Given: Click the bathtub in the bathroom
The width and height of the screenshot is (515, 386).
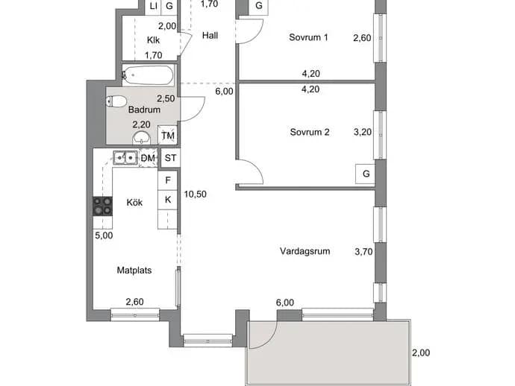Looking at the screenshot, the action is (x=148, y=75).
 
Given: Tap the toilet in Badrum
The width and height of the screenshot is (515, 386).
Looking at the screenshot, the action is (x=116, y=101).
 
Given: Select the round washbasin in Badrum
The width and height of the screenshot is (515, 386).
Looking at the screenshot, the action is (x=141, y=138).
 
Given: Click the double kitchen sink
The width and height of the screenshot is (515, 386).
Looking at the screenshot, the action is (x=125, y=158).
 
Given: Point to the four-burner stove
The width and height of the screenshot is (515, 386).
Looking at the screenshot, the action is (x=102, y=206).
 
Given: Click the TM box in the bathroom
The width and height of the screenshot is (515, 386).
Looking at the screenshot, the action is (x=168, y=135).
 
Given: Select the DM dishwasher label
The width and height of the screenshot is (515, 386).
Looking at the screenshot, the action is (x=148, y=158).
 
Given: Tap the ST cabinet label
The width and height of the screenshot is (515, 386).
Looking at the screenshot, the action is (x=170, y=158).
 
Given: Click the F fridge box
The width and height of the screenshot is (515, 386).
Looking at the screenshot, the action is (x=168, y=180).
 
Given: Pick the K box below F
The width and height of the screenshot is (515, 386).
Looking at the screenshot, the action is (x=168, y=200).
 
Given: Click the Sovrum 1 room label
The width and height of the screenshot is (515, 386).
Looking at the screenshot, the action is (x=308, y=37).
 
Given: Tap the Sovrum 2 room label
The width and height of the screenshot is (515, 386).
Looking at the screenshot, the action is (x=310, y=132).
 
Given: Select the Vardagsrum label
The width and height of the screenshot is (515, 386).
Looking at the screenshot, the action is (x=305, y=251).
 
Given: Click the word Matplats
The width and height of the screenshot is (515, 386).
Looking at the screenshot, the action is (x=134, y=270).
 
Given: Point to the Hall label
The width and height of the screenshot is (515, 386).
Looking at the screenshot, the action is (x=210, y=36).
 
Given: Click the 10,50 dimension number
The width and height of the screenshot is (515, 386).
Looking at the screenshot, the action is (x=195, y=194).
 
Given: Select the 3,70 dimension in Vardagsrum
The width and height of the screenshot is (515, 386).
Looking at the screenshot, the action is (x=363, y=252).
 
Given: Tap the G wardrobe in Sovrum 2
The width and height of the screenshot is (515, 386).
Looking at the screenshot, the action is (x=366, y=174).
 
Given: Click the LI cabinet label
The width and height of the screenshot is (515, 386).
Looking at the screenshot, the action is (x=154, y=5).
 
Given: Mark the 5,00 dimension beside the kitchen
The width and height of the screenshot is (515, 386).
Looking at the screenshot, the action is (x=104, y=235).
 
